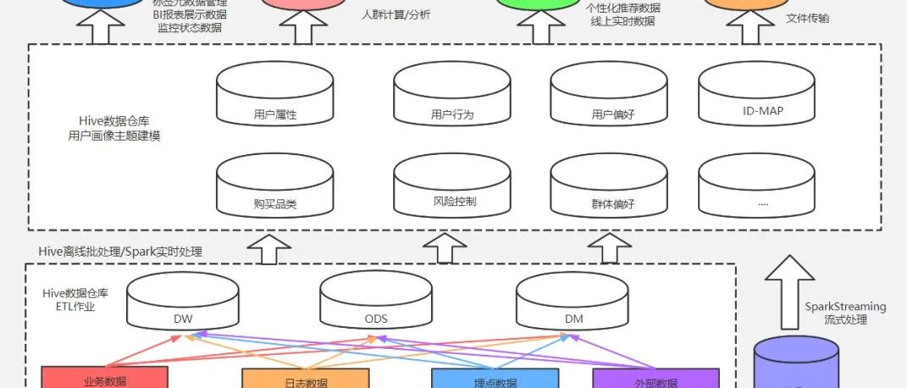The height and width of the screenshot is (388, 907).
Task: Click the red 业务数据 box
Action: (105, 378)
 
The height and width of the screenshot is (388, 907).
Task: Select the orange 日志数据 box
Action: (306, 379)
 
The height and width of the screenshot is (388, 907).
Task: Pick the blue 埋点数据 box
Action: (495, 379)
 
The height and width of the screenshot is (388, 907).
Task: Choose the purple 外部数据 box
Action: (655, 379)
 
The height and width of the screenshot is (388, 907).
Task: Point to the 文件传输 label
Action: (807, 18)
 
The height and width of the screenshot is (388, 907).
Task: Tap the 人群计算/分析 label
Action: (395, 14)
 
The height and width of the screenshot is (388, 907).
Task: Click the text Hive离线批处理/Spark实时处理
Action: (121, 251)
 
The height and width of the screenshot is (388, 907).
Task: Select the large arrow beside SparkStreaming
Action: (789, 291)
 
